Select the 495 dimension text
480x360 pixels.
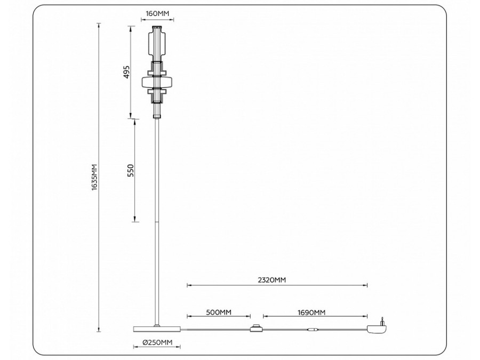pos(126,72)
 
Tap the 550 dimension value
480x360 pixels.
pos(131,170)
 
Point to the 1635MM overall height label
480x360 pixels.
pos(94,178)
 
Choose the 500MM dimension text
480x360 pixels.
pos(218,312)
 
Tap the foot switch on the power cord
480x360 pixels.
pos(256,329)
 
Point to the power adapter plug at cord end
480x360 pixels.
pos(377,330)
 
